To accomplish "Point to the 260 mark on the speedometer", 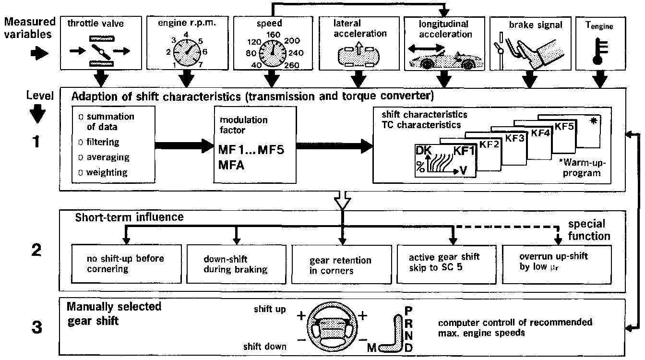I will point(292,65).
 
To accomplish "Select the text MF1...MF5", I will point(251,149).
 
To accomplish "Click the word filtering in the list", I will point(102,143).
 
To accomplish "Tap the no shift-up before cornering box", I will point(126,264).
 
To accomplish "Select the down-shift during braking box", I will point(236,264).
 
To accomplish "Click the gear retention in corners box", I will point(341,265).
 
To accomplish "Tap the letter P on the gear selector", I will point(409,311).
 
